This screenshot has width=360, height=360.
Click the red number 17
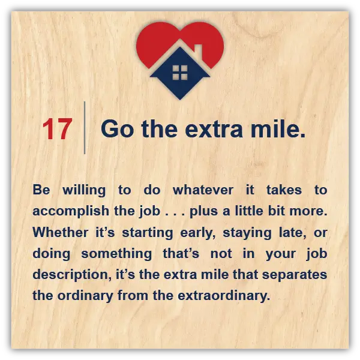click(58, 129)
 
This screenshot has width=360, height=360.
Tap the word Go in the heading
click(117, 129)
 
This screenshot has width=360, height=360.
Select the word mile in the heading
click(275, 128)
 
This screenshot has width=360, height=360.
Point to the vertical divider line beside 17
click(85, 128)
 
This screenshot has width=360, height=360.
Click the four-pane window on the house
click(180, 73)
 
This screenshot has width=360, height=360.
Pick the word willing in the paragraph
click(84, 191)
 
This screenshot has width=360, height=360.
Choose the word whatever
click(203, 190)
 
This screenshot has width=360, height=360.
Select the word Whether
click(61, 232)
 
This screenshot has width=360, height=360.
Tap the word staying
click(247, 233)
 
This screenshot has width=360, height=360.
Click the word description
click(72, 275)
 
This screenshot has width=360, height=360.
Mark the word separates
click(295, 275)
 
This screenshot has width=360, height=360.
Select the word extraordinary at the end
click(224, 296)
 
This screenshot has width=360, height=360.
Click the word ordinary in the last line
click(85, 296)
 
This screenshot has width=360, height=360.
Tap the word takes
click(284, 190)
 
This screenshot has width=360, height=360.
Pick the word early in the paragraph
click(198, 233)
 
